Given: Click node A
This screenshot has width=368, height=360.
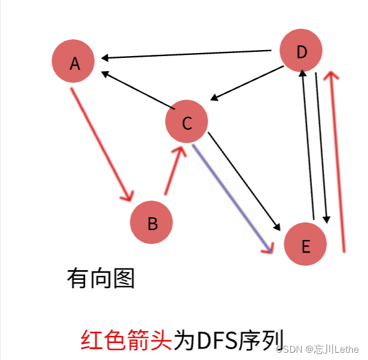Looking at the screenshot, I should (73, 62).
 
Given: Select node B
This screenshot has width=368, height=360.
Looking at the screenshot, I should (152, 223).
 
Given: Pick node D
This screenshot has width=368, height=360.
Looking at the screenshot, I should (302, 52).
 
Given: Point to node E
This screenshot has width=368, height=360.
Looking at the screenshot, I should (305, 245).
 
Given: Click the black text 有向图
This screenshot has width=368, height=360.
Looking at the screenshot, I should (100, 279).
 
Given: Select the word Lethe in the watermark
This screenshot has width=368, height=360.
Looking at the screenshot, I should (346, 349).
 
